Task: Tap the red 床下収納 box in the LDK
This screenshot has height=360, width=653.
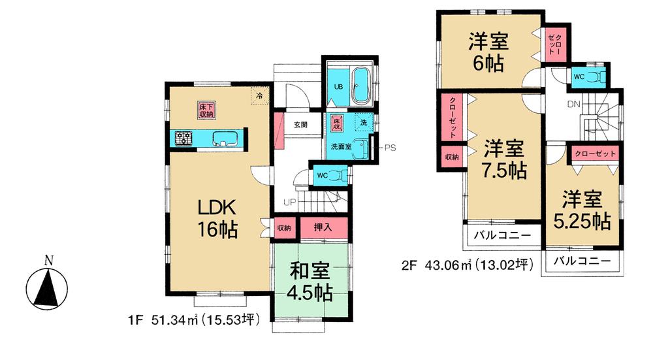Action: (206, 110)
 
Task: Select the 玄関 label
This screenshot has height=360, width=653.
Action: (300, 125)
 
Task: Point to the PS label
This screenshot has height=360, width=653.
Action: (390, 147)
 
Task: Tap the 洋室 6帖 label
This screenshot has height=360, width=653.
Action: (488, 52)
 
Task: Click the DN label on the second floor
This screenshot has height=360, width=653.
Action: (574, 105)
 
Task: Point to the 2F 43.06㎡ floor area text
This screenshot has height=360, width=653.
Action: (468, 265)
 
